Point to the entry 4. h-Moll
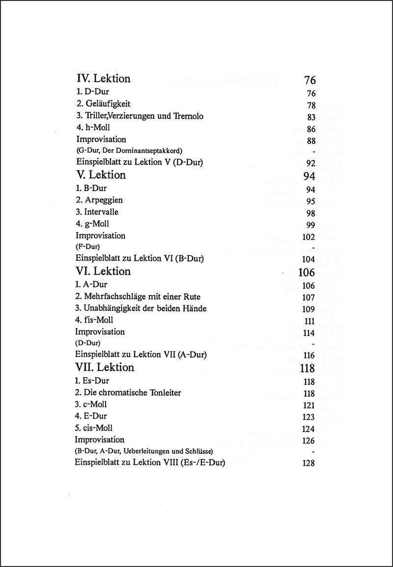(95, 128)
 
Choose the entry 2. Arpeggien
(99, 200)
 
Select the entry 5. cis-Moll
(97, 428)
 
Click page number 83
(309, 117)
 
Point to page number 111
(309, 321)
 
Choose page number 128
(309, 463)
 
